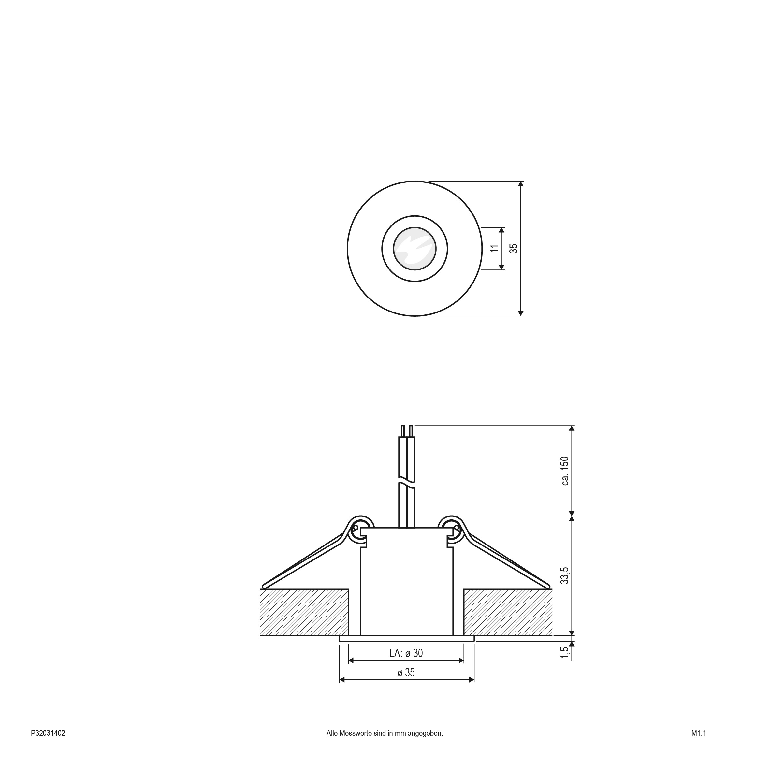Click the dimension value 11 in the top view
(495, 248)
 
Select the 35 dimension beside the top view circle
(514, 248)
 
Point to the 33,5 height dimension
(565, 575)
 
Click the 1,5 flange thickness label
(565, 652)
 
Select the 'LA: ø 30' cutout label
(406, 653)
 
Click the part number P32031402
(48, 733)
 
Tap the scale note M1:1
(699, 733)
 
